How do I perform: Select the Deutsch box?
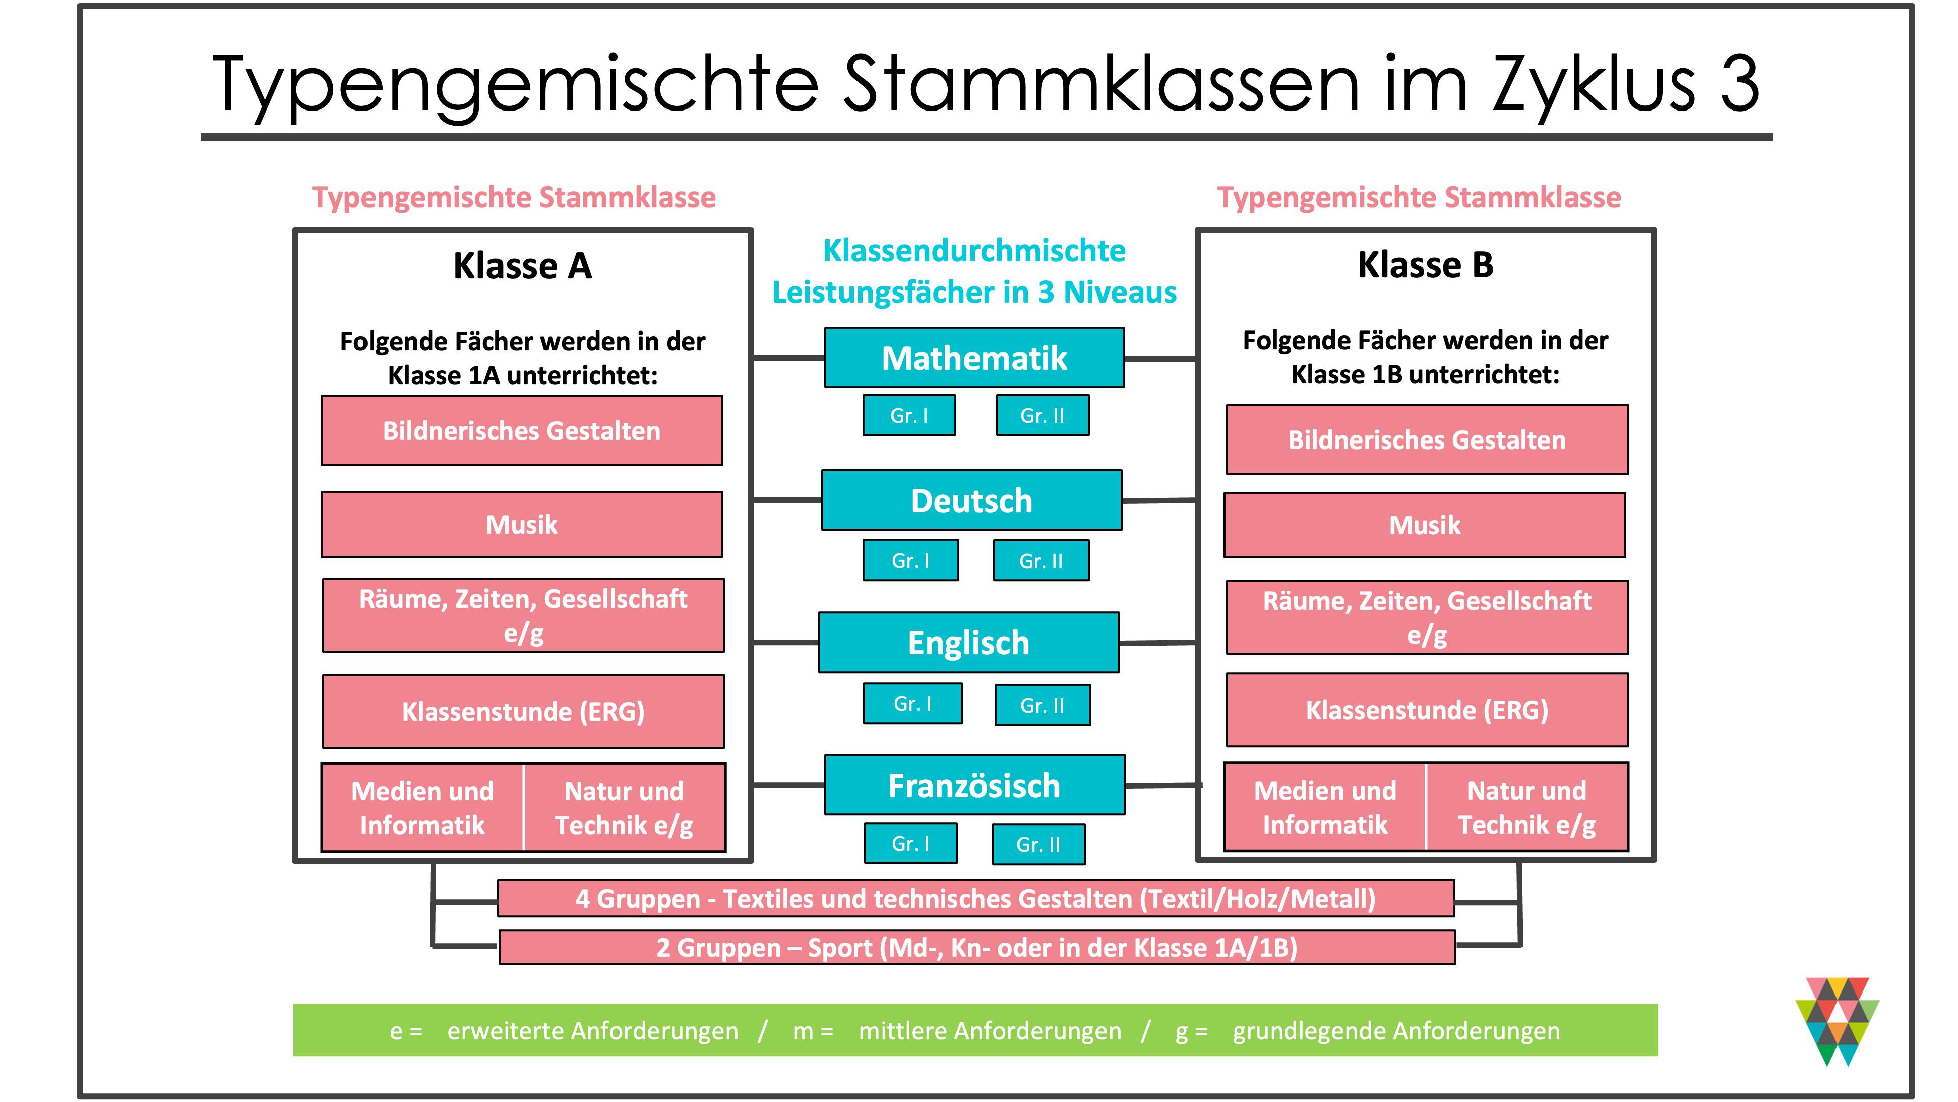[971, 500]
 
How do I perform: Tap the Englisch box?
[968, 642]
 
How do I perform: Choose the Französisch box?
[974, 785]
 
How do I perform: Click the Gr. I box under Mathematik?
[909, 415]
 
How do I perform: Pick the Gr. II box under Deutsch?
[1041, 561]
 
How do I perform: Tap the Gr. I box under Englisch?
[913, 704]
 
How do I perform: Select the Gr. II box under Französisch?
[1038, 844]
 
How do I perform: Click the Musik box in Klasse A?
[522, 524]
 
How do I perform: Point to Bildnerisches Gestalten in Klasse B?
[1427, 439]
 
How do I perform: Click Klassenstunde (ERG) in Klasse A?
[523, 711]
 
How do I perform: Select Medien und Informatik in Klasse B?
[1325, 807]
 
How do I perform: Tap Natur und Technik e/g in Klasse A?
[624, 808]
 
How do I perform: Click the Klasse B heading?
[1425, 265]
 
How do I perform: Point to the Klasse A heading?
[522, 265]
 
